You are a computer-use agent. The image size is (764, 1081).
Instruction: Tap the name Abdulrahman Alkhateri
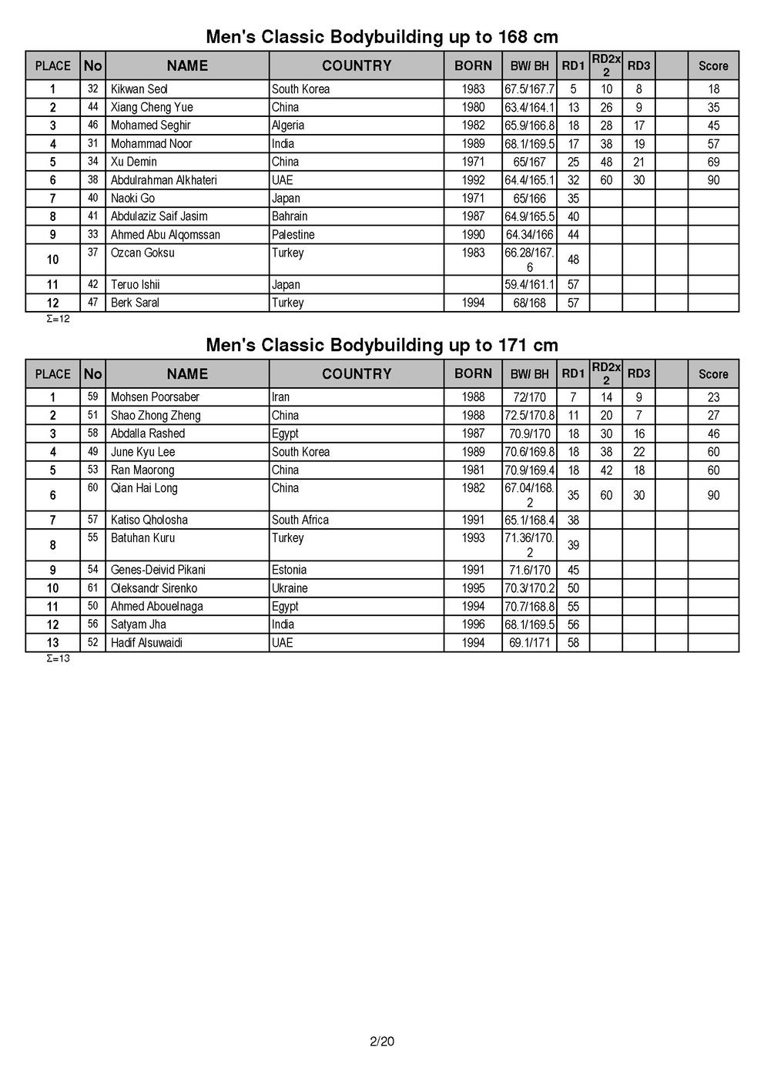[x=164, y=180]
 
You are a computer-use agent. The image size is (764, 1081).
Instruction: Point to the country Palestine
[x=293, y=235]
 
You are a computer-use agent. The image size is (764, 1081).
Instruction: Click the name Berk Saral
[x=136, y=303]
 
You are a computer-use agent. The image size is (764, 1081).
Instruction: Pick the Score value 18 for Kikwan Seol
[x=713, y=89]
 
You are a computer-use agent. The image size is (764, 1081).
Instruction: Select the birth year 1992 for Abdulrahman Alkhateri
[x=473, y=180]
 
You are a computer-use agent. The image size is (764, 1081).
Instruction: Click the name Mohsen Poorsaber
[x=155, y=397]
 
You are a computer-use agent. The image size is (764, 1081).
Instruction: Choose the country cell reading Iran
[x=281, y=397]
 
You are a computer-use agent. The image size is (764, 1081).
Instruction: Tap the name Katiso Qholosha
[x=149, y=520]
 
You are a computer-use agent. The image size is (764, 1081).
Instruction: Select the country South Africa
[x=300, y=520]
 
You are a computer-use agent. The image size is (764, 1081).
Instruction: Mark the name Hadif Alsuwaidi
[x=146, y=643]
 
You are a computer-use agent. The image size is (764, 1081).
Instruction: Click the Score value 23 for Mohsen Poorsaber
[x=713, y=397]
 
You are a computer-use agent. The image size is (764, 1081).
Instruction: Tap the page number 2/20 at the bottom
[x=382, y=1043]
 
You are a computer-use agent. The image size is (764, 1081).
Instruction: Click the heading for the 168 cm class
[x=382, y=37]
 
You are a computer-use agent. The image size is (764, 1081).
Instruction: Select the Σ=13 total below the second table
[x=59, y=658]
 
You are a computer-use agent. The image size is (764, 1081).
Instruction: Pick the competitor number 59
[x=92, y=397]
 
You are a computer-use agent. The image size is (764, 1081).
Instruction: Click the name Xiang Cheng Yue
[x=152, y=107]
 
